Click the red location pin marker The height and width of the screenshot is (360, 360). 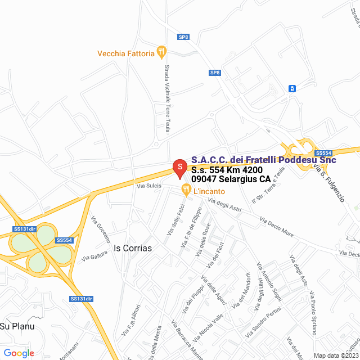(x=179, y=168)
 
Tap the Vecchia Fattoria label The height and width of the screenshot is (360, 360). (x=125, y=53)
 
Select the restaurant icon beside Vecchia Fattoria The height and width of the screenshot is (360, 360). (x=161, y=52)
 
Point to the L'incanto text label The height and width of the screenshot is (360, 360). (x=209, y=192)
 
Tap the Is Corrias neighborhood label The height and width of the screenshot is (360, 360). (x=133, y=247)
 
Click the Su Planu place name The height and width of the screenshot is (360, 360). (x=17, y=326)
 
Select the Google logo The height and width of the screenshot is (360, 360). (x=19, y=353)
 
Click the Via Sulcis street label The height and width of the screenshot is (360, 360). (x=149, y=185)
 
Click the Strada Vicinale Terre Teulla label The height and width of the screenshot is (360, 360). (x=167, y=99)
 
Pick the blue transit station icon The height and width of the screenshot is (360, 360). (x=292, y=88)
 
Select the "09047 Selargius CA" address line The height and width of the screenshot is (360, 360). (x=231, y=179)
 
